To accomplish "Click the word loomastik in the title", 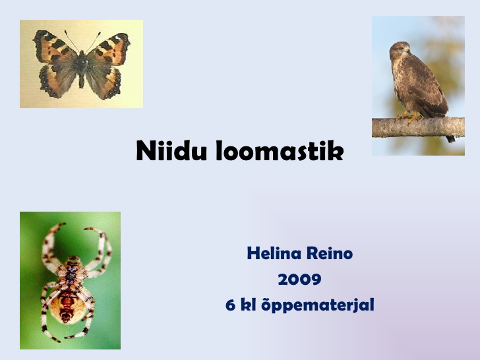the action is pyautogui.click(x=280, y=150).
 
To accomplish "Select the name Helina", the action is pyautogui.click(x=274, y=253).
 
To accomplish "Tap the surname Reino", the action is pyautogui.click(x=330, y=253).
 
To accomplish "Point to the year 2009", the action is pyautogui.click(x=300, y=279).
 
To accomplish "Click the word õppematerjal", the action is pyautogui.click(x=318, y=306).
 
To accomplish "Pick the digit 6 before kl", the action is pyautogui.click(x=231, y=305).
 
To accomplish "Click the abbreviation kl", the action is pyautogui.click(x=249, y=305).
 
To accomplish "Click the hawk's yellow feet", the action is pyautogui.click(x=409, y=117).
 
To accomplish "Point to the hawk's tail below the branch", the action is pyautogui.click(x=450, y=139).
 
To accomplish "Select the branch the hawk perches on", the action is pyautogui.click(x=418, y=127).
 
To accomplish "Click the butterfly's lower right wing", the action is pyautogui.click(x=104, y=80).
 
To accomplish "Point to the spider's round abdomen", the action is pyautogui.click(x=67, y=306).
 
